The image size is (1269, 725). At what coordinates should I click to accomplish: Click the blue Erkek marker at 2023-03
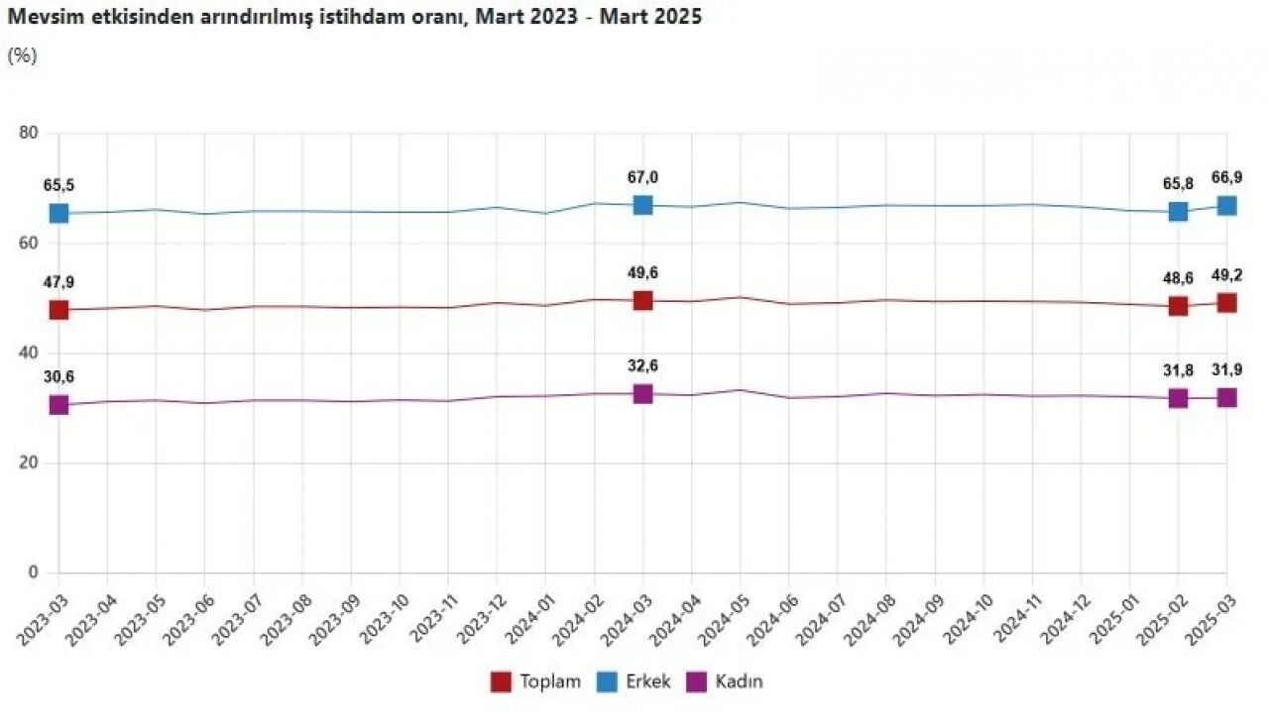coord(58,213)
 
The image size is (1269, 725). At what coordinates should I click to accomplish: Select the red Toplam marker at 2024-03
coord(642,300)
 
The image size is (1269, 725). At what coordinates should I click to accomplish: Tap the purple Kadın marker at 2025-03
coord(1226,397)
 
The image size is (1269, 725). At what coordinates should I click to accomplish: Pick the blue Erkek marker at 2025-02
coord(1178,211)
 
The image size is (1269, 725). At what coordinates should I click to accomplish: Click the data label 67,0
coord(642,177)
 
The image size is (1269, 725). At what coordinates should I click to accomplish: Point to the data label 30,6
coord(58,376)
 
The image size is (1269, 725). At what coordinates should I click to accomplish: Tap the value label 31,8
coord(1178,370)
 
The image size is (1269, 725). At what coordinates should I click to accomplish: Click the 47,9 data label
coord(58,282)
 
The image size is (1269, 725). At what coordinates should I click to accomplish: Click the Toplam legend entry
coord(536,681)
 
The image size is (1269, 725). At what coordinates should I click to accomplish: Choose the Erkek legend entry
coord(634,681)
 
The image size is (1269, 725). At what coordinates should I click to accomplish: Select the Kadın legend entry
coord(726,681)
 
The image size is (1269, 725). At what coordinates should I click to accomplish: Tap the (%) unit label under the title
coord(22,55)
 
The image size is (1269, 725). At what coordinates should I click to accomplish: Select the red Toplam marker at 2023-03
coord(58,309)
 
